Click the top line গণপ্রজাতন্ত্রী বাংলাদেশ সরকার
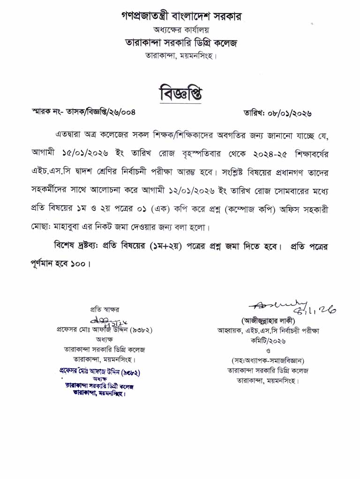181,17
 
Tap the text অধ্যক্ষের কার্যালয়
180,30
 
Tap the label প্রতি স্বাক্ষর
105,310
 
